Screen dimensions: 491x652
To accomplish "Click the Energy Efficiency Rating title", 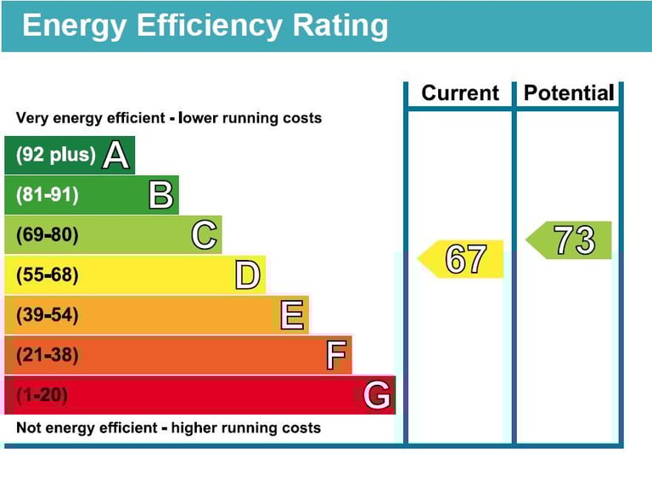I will pos(205,25).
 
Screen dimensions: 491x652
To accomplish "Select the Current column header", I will pos(460,93).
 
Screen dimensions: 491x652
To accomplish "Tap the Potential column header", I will pos(568,93).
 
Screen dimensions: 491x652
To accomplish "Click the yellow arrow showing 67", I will pos(463,259).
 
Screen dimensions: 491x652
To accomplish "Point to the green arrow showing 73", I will pos(570,240).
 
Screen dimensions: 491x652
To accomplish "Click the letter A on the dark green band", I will pos(115,155).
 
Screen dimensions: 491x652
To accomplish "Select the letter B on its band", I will pos(160,195).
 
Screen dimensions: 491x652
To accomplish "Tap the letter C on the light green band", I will pos(204,235).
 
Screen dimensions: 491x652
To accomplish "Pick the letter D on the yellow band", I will pos(247,275).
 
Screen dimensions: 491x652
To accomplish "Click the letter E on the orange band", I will pos(292,315).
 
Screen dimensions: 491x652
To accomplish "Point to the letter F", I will pos(335,355).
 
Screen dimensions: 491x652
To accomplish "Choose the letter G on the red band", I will pos(377,395).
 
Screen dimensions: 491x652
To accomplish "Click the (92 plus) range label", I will pos(56,155).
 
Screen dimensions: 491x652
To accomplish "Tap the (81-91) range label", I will pos(48,195).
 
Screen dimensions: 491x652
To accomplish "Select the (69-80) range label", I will pos(48,235).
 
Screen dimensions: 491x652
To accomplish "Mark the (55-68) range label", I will pos(48,275).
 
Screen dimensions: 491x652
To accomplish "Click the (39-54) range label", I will pos(48,315).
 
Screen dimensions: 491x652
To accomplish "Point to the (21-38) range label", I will pos(48,355).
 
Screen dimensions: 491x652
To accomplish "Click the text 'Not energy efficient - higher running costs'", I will pos(169,427).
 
